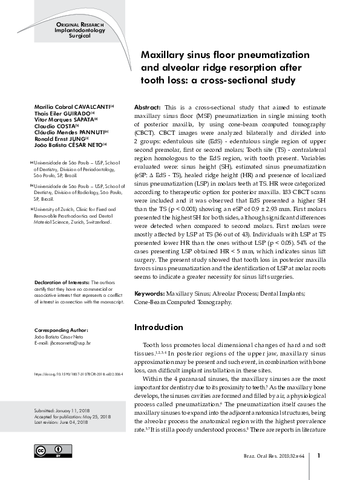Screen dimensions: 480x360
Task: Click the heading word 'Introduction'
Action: click(158, 327)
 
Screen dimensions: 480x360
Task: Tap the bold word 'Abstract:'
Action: click(147, 105)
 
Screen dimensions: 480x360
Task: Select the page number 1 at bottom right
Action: click(318, 456)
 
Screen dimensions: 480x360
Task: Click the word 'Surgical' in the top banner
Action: click(79, 36)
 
